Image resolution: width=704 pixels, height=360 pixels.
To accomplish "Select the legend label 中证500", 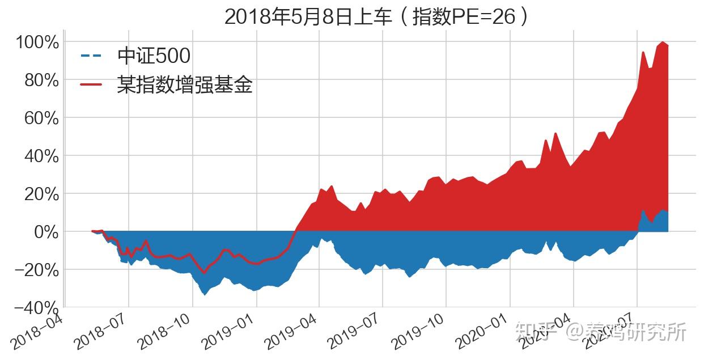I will point(154,56).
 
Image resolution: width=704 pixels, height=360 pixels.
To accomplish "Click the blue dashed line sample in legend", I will point(91,56).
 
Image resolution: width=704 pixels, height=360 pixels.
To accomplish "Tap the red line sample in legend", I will point(91,85).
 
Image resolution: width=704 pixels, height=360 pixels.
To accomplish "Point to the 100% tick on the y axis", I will point(37,43).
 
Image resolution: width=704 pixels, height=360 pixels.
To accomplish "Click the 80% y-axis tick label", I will point(41,81).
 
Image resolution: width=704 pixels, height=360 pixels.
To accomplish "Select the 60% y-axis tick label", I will point(41,118).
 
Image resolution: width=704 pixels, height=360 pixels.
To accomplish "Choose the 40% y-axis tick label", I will point(41,156).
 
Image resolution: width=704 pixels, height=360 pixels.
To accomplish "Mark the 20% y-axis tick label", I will point(41,194).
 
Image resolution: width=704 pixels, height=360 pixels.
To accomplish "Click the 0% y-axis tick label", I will point(45,232).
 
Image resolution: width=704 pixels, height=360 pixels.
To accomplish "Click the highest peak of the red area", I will point(661,42).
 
